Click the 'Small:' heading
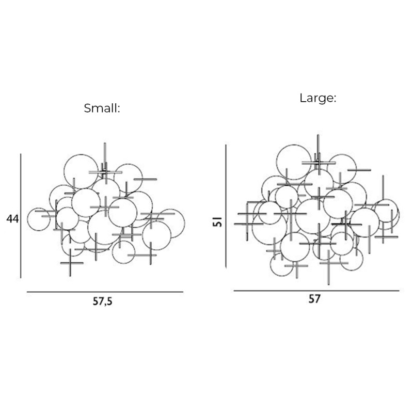coord(102,109)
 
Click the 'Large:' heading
coord(318,98)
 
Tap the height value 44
coord(12,219)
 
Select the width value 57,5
coord(102,303)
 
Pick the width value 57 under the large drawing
coord(314,299)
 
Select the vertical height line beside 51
coord(226,206)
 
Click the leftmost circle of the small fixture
coord(38,219)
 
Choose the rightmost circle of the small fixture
coord(171,223)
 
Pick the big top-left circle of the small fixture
coord(81,170)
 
